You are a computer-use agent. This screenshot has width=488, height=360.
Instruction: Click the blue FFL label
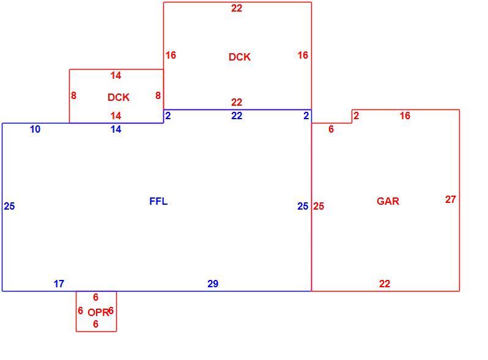pyautogui.click(x=158, y=201)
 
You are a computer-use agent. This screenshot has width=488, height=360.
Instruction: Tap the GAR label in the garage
pyautogui.click(x=388, y=201)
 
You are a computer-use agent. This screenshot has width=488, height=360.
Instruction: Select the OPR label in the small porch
pyautogui.click(x=98, y=312)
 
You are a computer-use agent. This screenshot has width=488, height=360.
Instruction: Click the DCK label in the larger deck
pyautogui.click(x=239, y=57)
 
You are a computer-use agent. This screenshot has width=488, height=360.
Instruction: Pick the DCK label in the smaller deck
pyautogui.click(x=118, y=97)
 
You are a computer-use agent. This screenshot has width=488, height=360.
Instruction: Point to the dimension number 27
pyautogui.click(x=450, y=199)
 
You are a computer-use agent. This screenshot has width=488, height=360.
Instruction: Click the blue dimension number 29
pyautogui.click(x=213, y=284)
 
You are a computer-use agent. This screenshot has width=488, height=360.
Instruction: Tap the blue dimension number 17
pyautogui.click(x=59, y=284)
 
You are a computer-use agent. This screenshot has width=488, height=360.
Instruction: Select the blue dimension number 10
pyautogui.click(x=35, y=129)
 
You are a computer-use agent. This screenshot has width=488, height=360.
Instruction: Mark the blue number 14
pyautogui.click(x=116, y=129)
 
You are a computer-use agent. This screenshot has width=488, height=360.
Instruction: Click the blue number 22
pyautogui.click(x=237, y=116)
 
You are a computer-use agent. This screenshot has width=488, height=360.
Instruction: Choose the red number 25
pyautogui.click(x=319, y=206)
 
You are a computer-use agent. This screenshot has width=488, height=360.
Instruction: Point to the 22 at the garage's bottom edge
pyautogui.click(x=385, y=284)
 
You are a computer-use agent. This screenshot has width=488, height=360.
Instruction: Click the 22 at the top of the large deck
pyautogui.click(x=237, y=8)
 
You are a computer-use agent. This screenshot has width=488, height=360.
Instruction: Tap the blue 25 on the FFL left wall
pyautogui.click(x=9, y=206)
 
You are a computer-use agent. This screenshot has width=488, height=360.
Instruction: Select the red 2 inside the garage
pyautogui.click(x=357, y=116)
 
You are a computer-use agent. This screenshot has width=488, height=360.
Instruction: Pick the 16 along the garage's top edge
pyautogui.click(x=405, y=116)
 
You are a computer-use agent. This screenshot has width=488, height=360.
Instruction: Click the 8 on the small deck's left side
pyautogui.click(x=73, y=95)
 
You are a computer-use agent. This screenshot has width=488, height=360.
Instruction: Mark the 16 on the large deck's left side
pyautogui.click(x=171, y=55)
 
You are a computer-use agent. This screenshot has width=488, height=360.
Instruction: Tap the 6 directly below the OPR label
pyautogui.click(x=96, y=324)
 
